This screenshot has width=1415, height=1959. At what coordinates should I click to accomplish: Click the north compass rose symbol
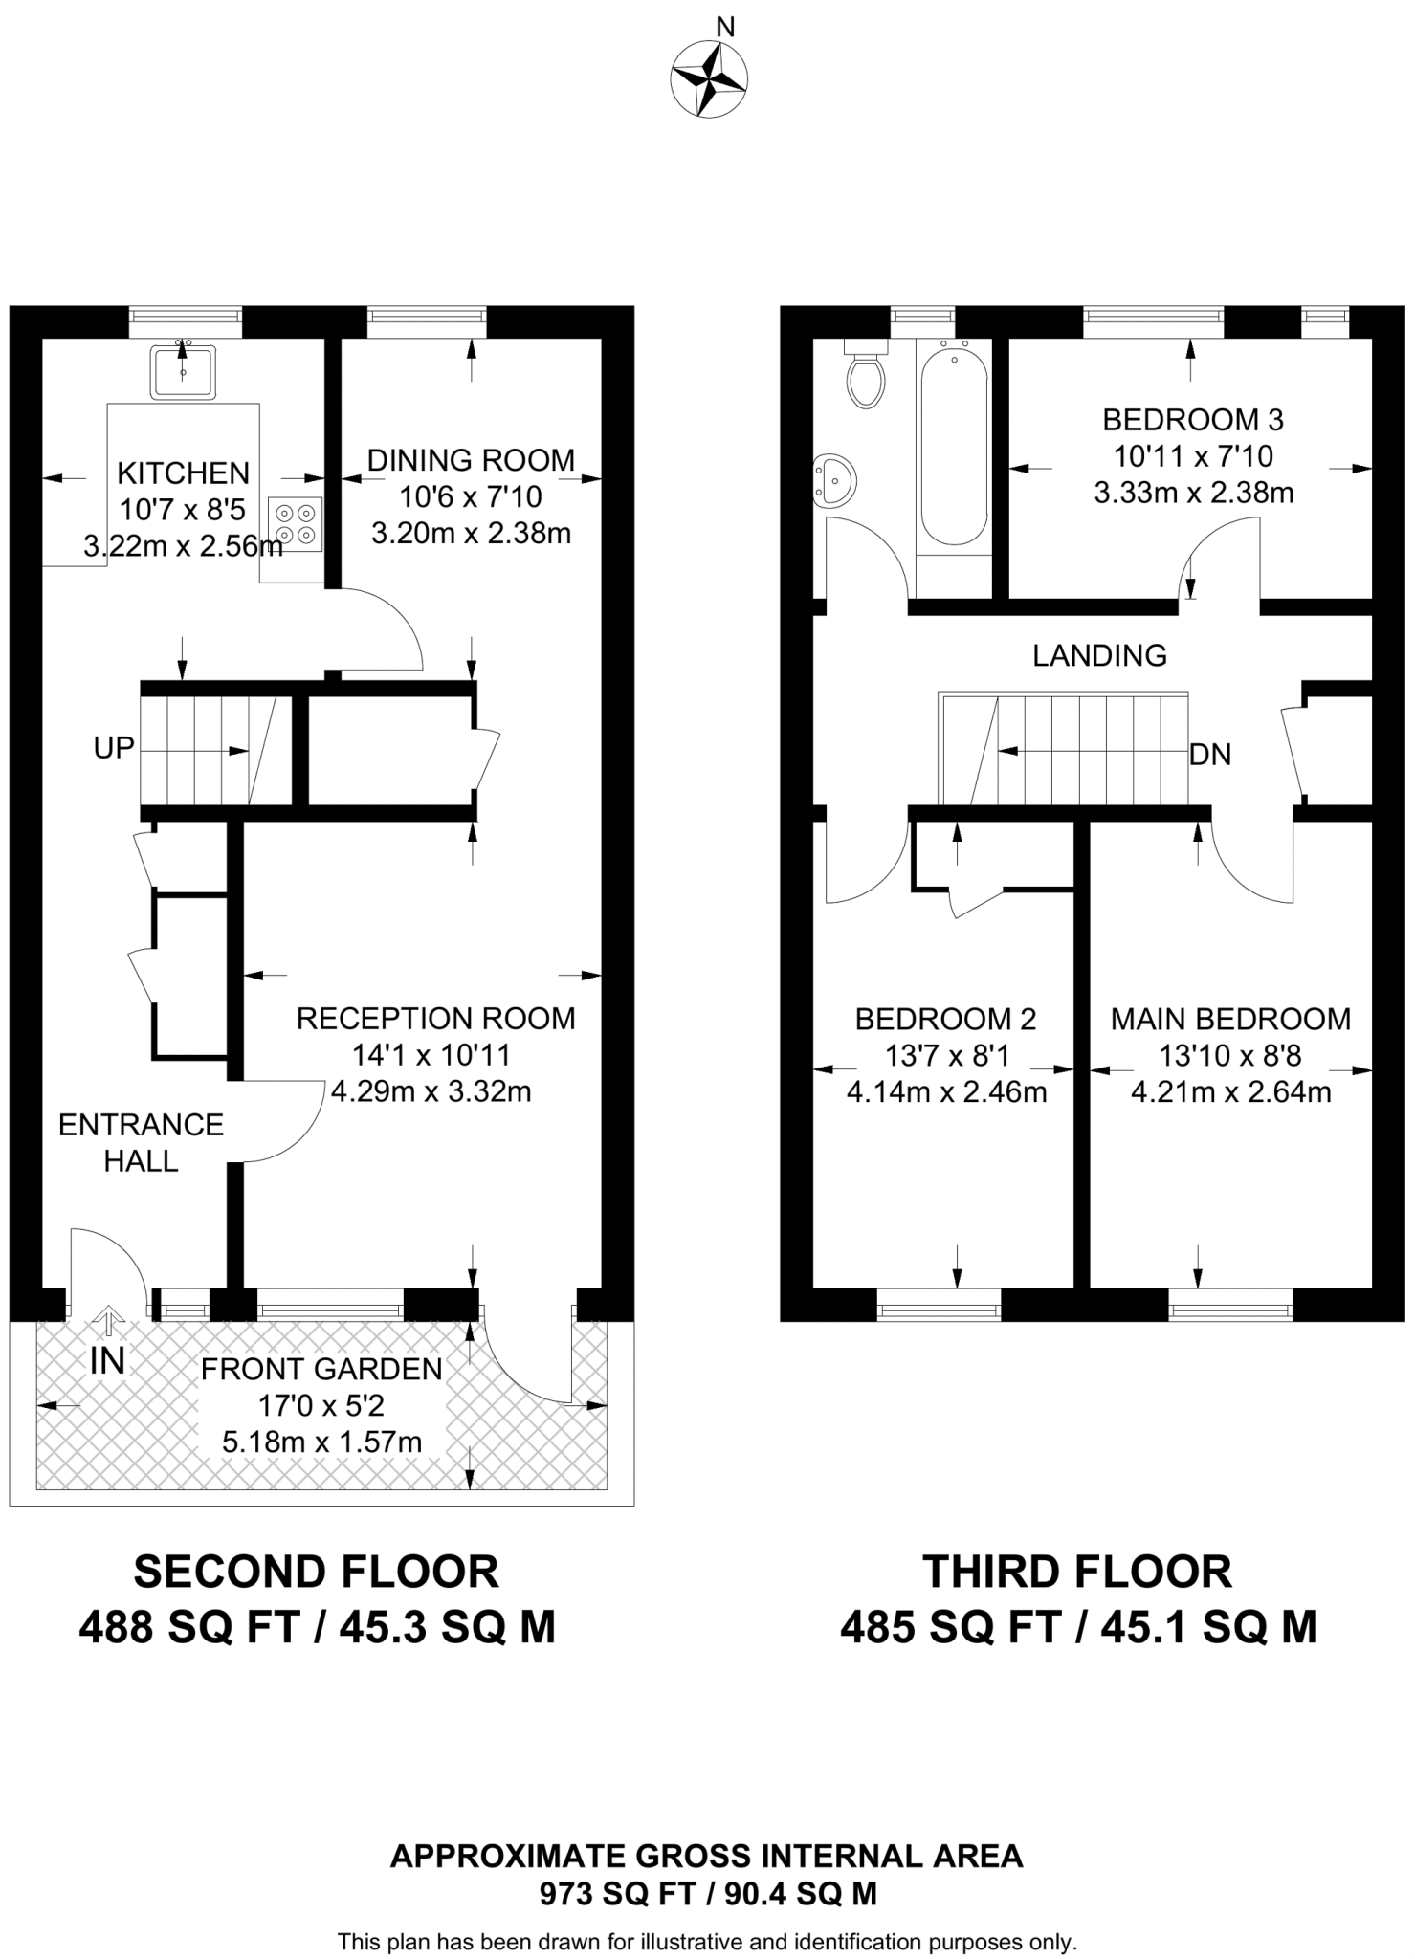click(708, 79)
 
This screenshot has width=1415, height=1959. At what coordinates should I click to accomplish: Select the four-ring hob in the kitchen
click(296, 524)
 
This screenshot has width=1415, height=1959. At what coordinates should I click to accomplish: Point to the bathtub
click(953, 445)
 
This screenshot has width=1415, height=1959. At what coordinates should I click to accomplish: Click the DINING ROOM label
click(471, 460)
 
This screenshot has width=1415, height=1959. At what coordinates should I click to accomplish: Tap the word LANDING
click(1099, 655)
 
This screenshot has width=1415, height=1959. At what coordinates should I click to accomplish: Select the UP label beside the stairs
click(114, 748)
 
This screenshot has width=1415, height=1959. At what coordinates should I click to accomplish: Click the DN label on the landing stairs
click(1209, 755)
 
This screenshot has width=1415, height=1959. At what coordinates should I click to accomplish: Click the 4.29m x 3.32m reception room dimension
click(431, 1091)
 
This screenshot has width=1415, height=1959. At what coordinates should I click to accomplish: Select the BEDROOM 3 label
click(1193, 419)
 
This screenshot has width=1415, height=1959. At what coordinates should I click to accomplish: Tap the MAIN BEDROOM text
click(1230, 1019)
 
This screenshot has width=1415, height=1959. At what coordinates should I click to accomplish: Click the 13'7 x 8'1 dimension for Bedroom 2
click(946, 1055)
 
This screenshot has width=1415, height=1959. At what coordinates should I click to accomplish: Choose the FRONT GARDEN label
click(321, 1369)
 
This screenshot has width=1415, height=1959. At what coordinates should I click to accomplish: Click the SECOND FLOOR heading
click(317, 1572)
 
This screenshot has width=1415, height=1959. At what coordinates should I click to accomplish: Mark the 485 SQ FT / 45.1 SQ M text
click(1078, 1627)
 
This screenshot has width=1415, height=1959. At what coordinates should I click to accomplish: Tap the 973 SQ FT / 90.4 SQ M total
click(708, 1893)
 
